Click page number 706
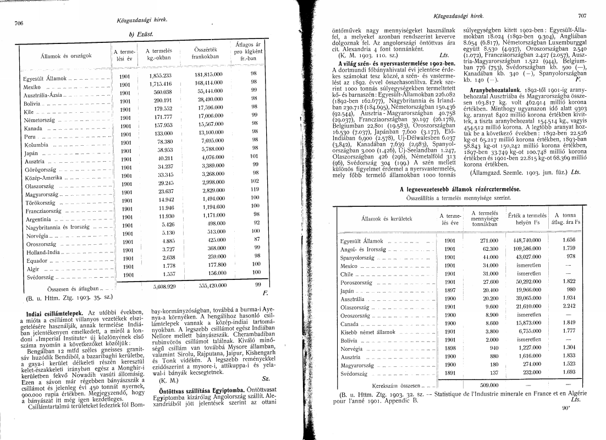point(18,24)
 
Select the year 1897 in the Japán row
point(450,290)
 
